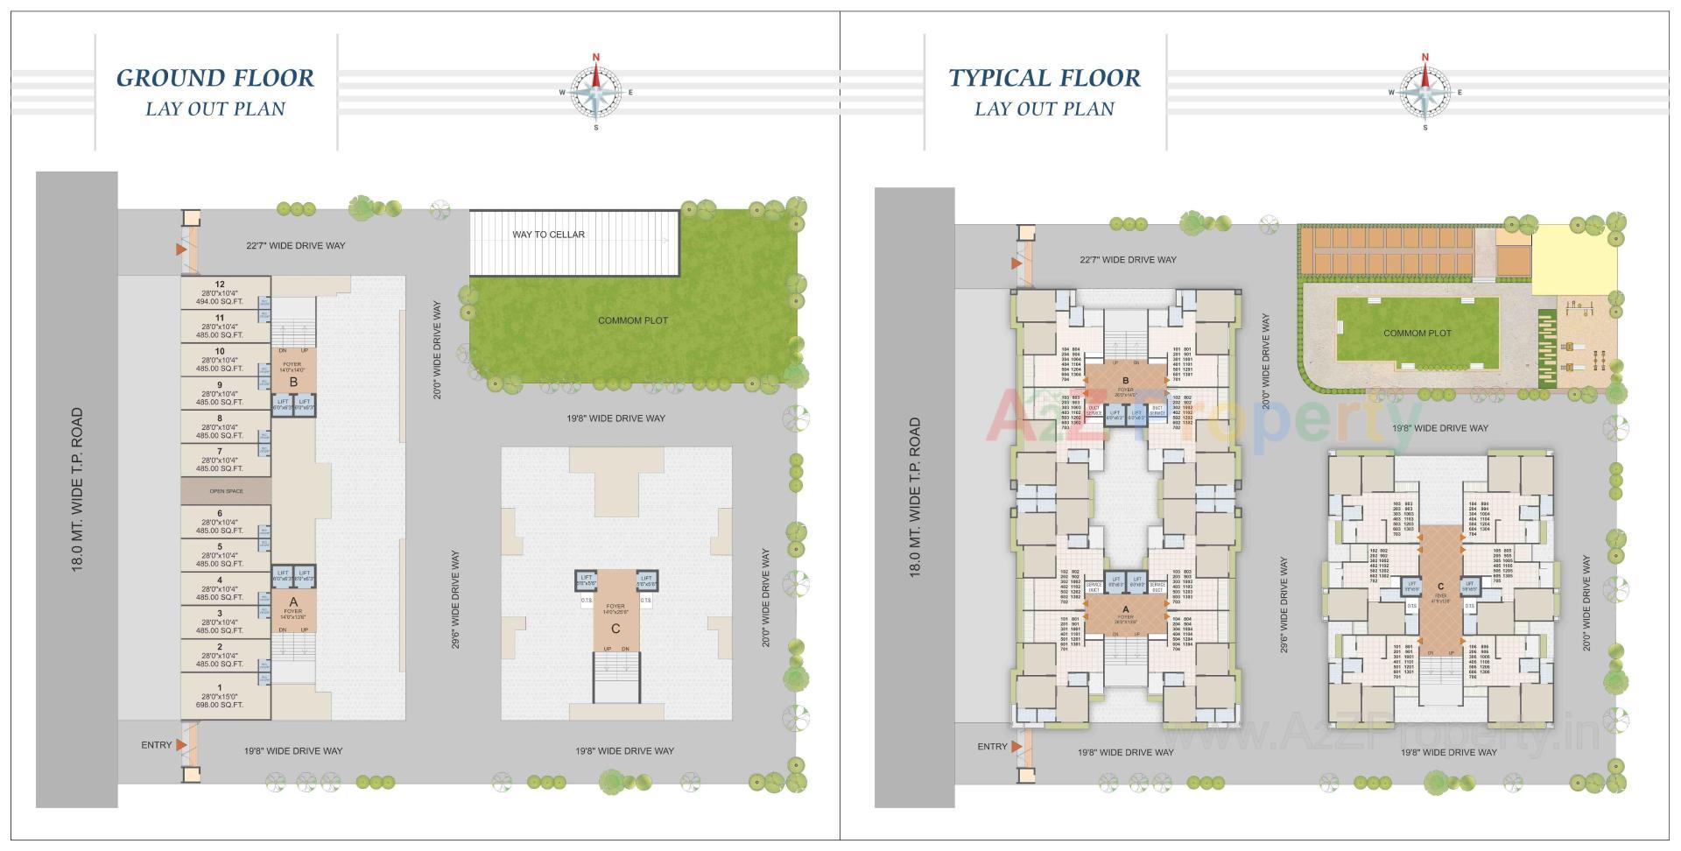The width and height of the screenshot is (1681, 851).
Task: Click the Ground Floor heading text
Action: (x=215, y=78)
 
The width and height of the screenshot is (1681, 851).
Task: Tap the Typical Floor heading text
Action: (x=1044, y=78)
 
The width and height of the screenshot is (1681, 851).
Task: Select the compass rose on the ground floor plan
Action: (x=596, y=92)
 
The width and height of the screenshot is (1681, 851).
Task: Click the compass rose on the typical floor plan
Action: (x=1424, y=92)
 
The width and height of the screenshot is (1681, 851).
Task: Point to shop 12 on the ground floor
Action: (x=220, y=293)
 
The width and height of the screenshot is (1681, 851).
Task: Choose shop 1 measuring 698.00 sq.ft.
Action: (x=220, y=696)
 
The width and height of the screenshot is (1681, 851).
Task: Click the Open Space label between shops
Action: (x=226, y=491)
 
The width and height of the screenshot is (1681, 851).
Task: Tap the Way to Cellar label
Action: (x=548, y=235)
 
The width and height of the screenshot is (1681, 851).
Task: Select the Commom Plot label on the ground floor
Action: (x=632, y=320)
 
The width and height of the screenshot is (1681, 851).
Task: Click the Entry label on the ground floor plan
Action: (x=157, y=745)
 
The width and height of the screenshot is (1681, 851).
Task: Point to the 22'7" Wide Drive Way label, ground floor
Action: (x=295, y=246)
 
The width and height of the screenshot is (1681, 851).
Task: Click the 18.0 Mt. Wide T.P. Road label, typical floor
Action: (x=915, y=496)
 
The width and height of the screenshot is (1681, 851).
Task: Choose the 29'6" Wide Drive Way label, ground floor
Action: (x=455, y=600)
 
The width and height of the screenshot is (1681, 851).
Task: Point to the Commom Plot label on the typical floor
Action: (x=1417, y=334)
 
